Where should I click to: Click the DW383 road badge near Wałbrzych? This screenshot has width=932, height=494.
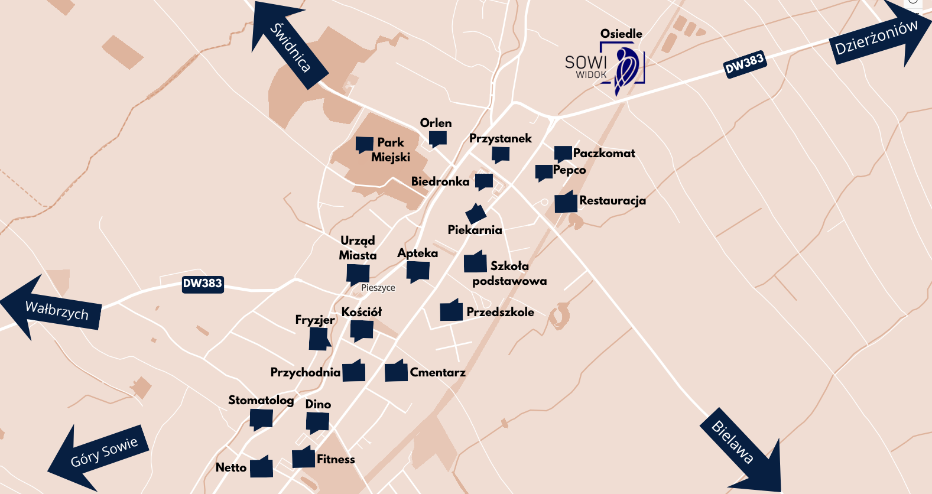pyautogui.click(x=202, y=284)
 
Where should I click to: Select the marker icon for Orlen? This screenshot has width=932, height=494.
pyautogui.click(x=437, y=139)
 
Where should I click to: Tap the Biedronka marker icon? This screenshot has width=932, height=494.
pyautogui.click(x=483, y=181)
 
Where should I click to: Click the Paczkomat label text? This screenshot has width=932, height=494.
pyautogui.click(x=604, y=153)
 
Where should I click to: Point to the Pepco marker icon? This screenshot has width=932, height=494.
pyautogui.click(x=544, y=173)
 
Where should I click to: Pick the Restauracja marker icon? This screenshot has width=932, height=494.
pyautogui.click(x=566, y=202)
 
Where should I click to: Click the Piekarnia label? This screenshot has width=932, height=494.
pyautogui.click(x=475, y=230)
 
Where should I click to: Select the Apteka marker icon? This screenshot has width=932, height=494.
pyautogui.click(x=418, y=271)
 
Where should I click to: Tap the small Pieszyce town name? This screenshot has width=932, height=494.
pyautogui.click(x=378, y=288)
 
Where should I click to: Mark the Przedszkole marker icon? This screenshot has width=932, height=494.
pyautogui.click(x=451, y=311)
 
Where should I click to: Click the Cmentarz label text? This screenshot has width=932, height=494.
pyautogui.click(x=437, y=372)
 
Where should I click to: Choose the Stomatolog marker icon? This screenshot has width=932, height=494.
pyautogui.click(x=261, y=419)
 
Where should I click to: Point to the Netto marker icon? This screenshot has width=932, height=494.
pyautogui.click(x=261, y=467)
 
